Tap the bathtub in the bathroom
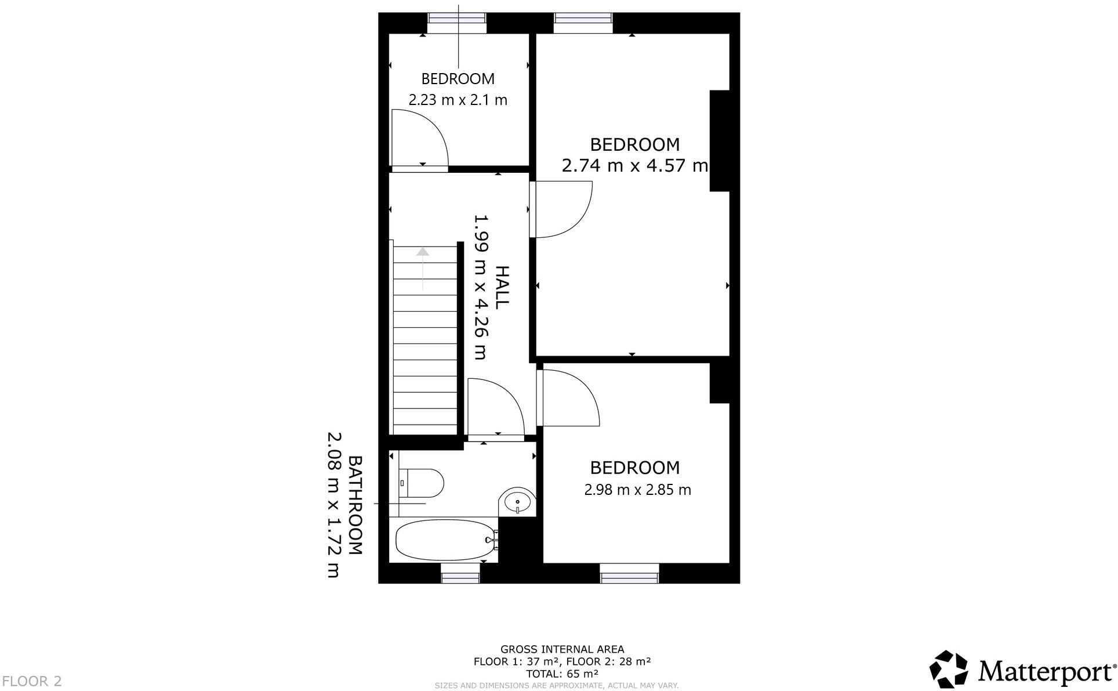tap(444, 540)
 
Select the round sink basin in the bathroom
tap(517, 501)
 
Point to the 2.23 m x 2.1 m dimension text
tap(458, 100)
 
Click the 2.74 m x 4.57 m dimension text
tap(634, 166)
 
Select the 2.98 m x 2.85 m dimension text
tap(637, 490)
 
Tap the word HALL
tap(502, 287)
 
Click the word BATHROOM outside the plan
tap(355, 505)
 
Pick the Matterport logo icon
tap(949, 668)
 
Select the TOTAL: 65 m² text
tap(562, 674)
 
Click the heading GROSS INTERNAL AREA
tap(562, 649)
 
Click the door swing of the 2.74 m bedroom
tap(561, 209)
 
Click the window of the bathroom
tap(460, 577)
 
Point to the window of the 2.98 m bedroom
tap(629, 577)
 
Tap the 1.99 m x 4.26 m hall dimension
tap(481, 287)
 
